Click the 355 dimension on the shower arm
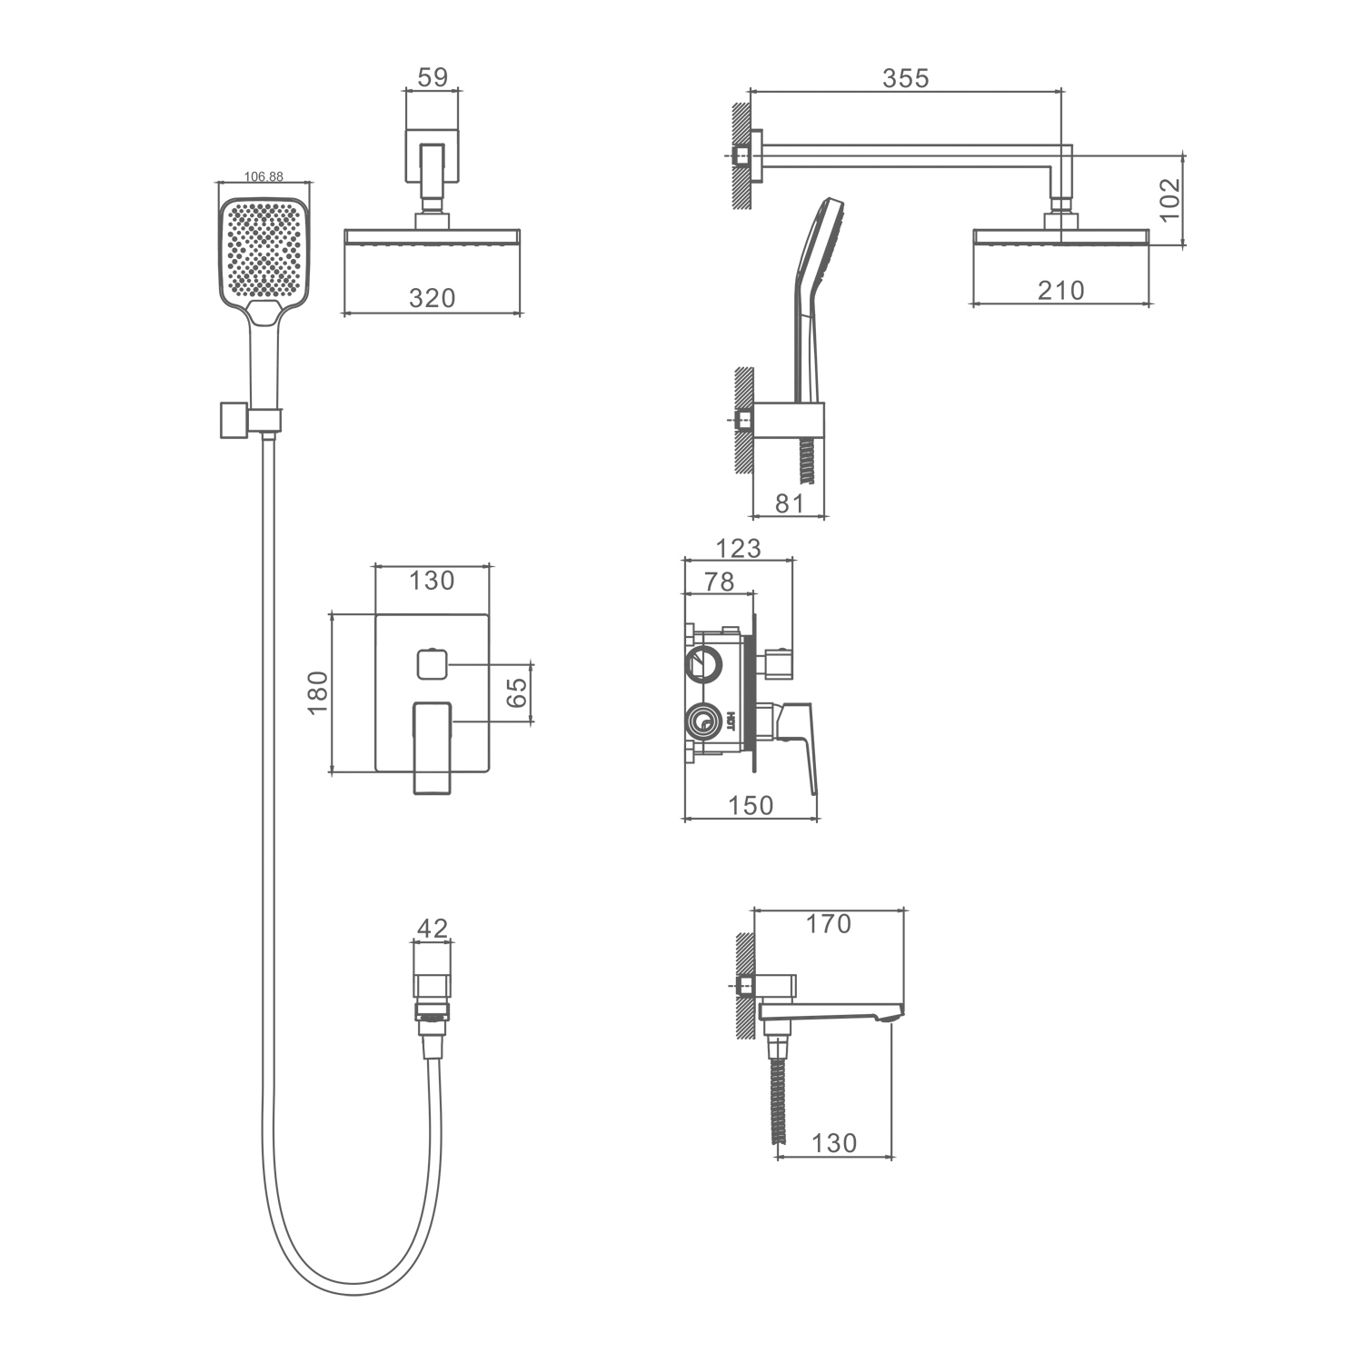tap(906, 78)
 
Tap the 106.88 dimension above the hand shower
tap(264, 176)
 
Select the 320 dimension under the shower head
tap(432, 297)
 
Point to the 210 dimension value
tap(1060, 290)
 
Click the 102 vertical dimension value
tap(1169, 198)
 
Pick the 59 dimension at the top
tap(433, 77)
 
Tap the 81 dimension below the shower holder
tap(790, 502)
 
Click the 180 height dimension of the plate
tap(317, 692)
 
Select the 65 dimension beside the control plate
tap(515, 692)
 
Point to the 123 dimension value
tap(738, 548)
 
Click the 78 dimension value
tap(719, 581)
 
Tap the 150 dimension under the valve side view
tap(751, 805)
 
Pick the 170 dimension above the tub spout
tap(828, 923)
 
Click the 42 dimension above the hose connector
tap(433, 928)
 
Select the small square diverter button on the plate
tap(431, 664)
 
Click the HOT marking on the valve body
tap(730, 723)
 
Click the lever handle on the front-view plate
tap(433, 747)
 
